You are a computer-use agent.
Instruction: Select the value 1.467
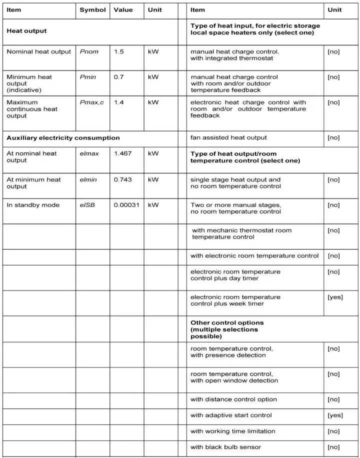[122, 153]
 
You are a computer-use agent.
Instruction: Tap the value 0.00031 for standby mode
[126, 204]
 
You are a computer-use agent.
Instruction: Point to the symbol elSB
[88, 204]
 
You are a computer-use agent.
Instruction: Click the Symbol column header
[92, 9]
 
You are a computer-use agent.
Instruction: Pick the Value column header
[123, 9]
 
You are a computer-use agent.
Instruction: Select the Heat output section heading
[26, 30]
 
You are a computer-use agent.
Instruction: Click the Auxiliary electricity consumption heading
[63, 137]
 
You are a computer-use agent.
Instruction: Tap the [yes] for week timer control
[335, 297]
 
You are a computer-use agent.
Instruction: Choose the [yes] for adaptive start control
[335, 415]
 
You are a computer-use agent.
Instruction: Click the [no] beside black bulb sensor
[333, 447]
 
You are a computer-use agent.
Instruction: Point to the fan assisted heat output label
[228, 137]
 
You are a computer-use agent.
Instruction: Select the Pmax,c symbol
[91, 102]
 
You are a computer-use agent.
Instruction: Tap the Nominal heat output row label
[38, 51]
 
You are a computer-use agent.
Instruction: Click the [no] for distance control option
[333, 399]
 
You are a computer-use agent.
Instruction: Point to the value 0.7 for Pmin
[118, 77]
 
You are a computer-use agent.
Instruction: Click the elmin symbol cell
[88, 179]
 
